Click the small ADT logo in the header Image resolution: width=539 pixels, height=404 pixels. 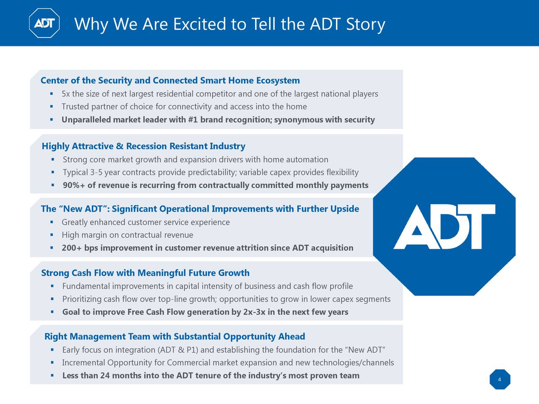tap(44, 23)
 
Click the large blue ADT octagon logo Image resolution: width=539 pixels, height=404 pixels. tap(444, 226)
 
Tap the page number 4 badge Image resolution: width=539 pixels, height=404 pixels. tap(499, 380)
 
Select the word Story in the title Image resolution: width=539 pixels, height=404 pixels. tap(365, 24)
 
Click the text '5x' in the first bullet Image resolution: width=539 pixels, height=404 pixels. tap(66, 94)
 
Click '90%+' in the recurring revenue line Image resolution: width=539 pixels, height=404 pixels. tap(74, 186)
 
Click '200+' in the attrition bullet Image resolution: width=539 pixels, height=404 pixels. tap(72, 248)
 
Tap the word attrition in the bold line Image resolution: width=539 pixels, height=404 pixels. tap(252, 248)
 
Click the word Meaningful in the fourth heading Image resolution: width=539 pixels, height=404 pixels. tap(162, 273)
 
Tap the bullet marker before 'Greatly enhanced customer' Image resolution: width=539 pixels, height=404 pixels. tap(51, 222)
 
